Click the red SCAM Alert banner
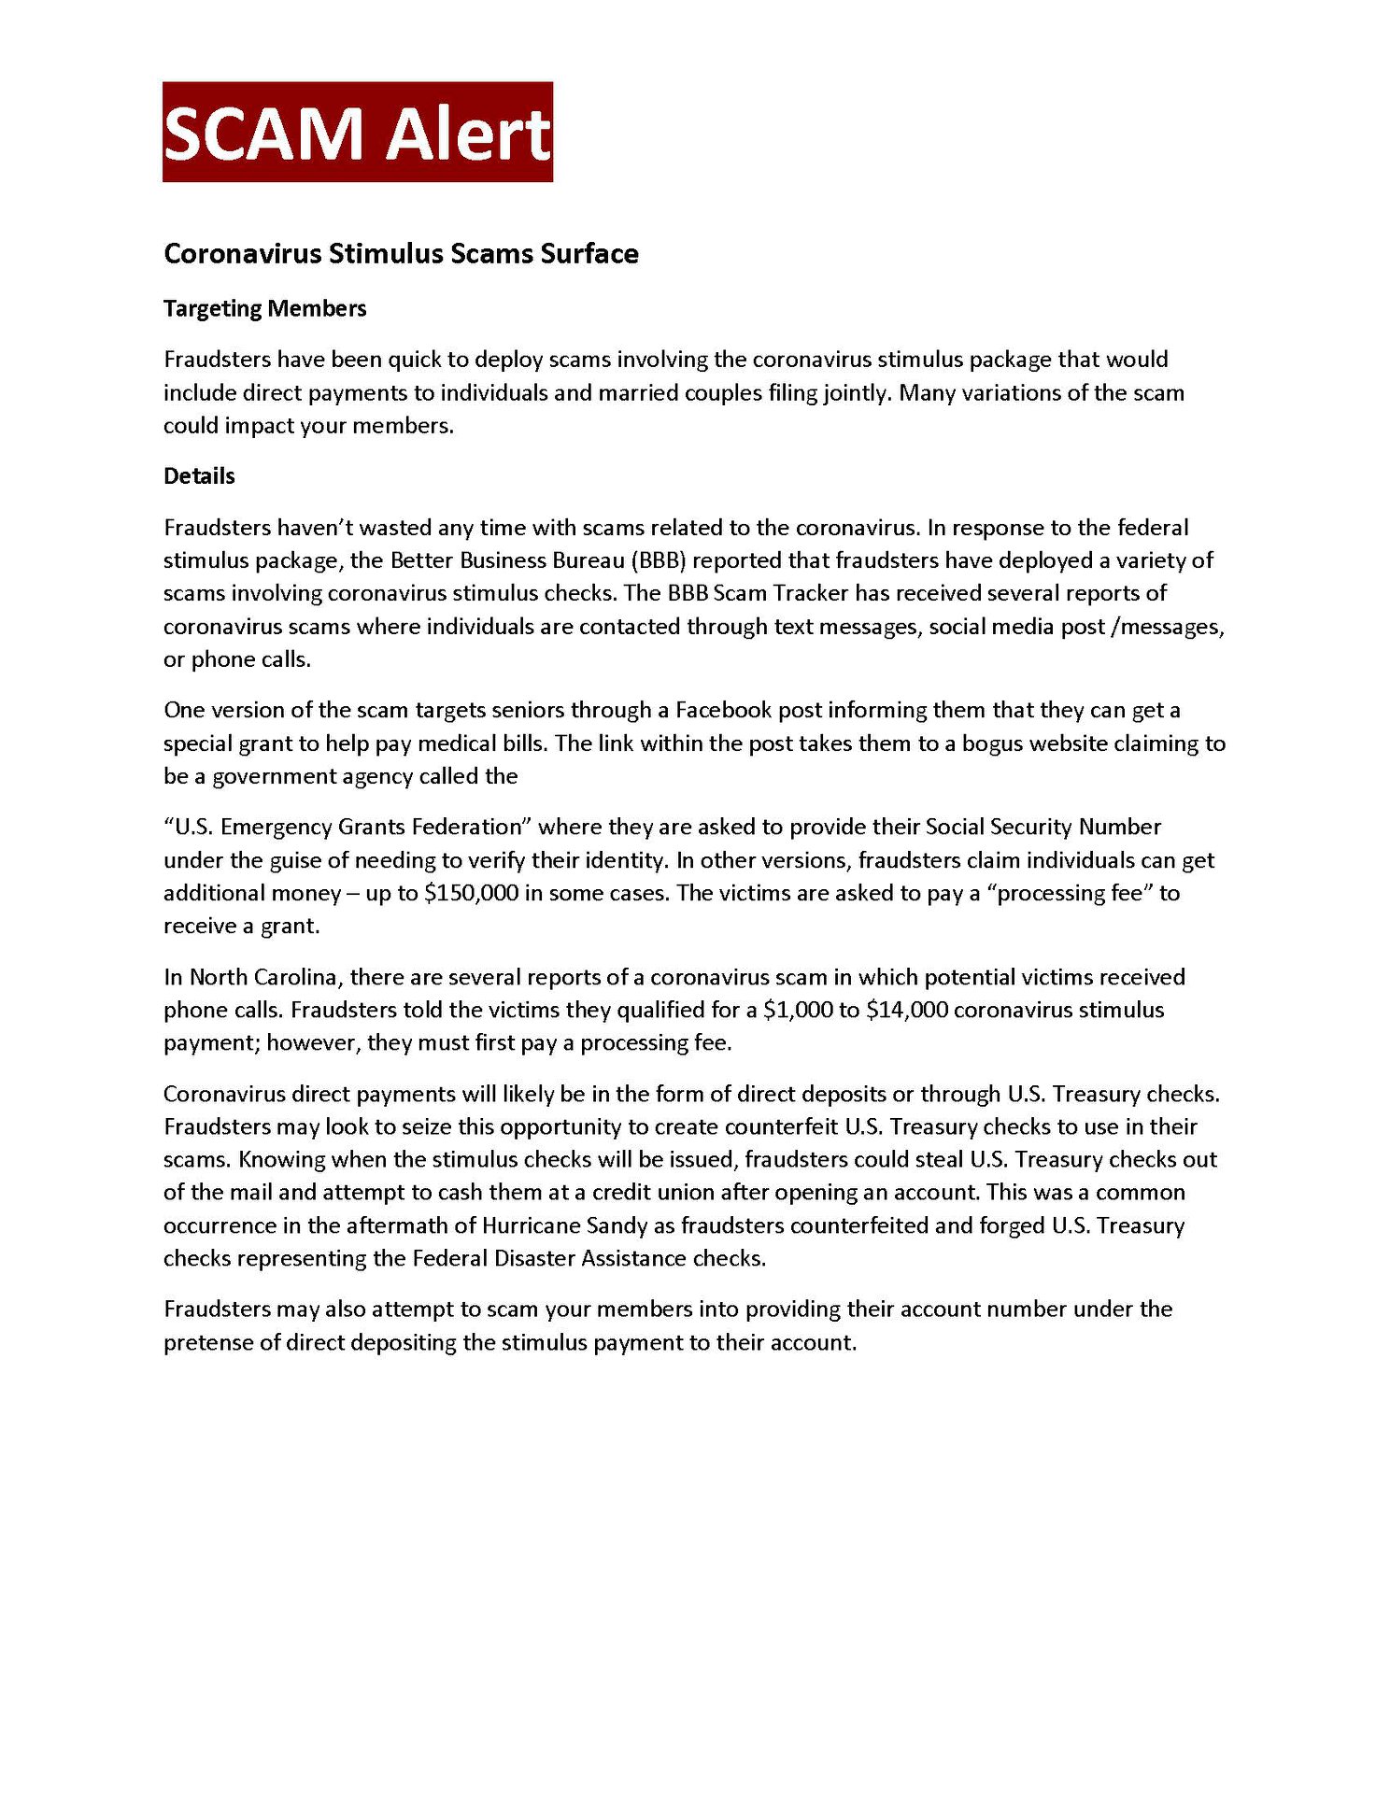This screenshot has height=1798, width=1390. point(357,132)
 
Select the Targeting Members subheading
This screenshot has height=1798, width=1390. point(264,308)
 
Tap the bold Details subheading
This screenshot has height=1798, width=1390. point(199,475)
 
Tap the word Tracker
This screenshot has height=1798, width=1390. point(811,593)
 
